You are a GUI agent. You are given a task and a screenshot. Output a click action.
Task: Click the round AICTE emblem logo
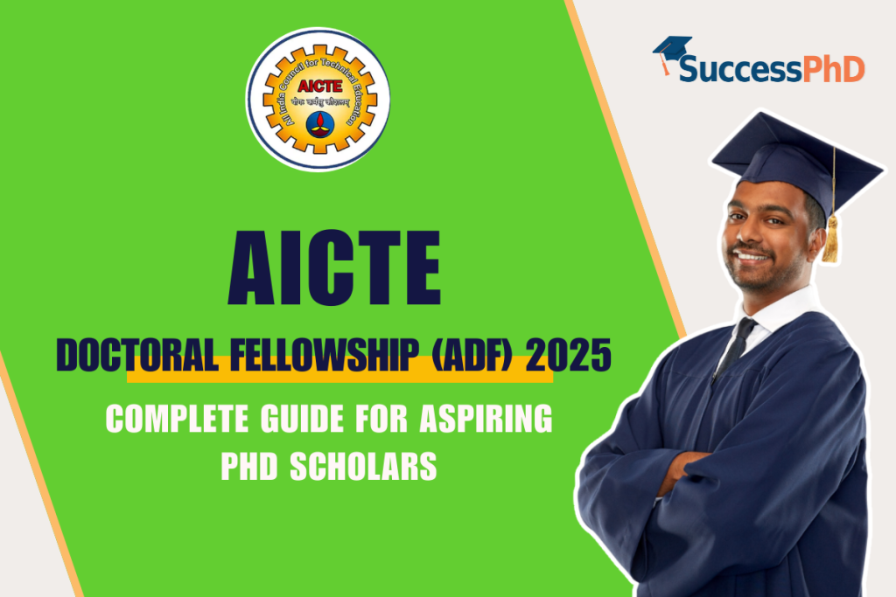coord(318,99)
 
